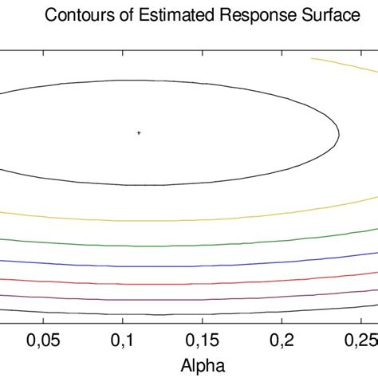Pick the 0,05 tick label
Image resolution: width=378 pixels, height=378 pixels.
tap(44, 341)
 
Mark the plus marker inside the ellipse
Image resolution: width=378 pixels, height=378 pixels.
tap(139, 132)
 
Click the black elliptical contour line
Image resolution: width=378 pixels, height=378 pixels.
tap(140, 81)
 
